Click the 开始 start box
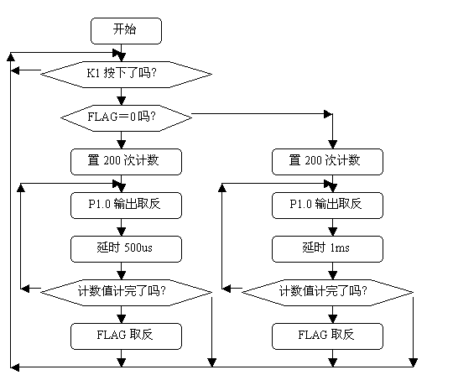pyautogui.click(x=126, y=31)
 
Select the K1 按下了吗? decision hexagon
pyautogui.click(x=126, y=75)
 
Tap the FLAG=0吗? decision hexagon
pyautogui.click(x=126, y=118)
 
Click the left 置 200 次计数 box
pyautogui.click(x=126, y=162)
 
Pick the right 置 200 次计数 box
pyautogui.click(x=327, y=162)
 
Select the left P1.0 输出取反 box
pyautogui.click(x=126, y=206)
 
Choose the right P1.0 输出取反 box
pyautogui.click(x=327, y=206)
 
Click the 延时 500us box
pyautogui.click(x=126, y=249)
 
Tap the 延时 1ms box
pyautogui.click(x=327, y=249)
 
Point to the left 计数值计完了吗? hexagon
pyautogui.click(x=126, y=293)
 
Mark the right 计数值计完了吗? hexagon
pyautogui.click(x=327, y=293)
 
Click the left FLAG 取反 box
pyautogui.click(x=126, y=336)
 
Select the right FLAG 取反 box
pyautogui.click(x=327, y=336)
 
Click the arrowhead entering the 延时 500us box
pyautogui.click(x=122, y=232)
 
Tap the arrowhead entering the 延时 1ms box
pyautogui.click(x=333, y=232)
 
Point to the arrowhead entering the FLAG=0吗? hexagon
pyautogui.click(x=122, y=101)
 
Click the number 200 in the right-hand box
pyautogui.click(x=313, y=160)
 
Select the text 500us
pyautogui.click(x=138, y=247)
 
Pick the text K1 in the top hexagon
pyautogui.click(x=93, y=73)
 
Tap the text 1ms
pyautogui.click(x=340, y=247)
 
